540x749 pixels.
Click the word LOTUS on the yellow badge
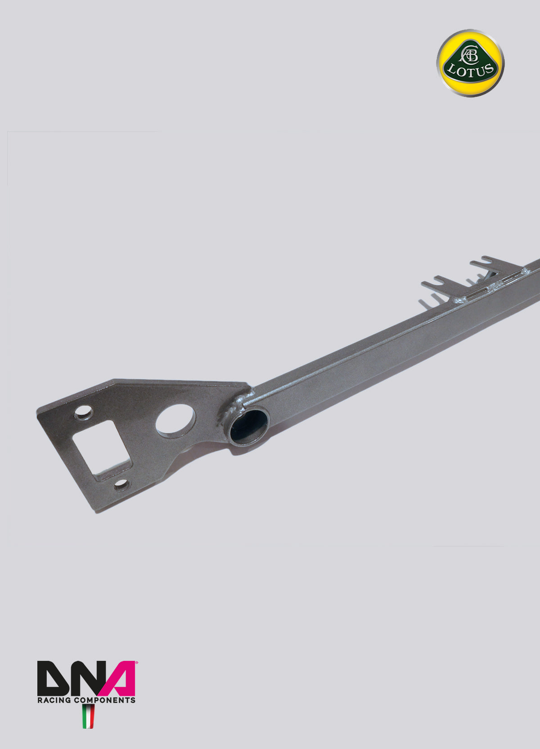[471, 71]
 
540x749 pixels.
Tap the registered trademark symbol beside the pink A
[136, 663]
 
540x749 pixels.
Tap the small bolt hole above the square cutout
[84, 412]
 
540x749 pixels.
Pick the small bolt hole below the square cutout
[121, 485]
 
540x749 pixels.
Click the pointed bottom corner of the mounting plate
[95, 510]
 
